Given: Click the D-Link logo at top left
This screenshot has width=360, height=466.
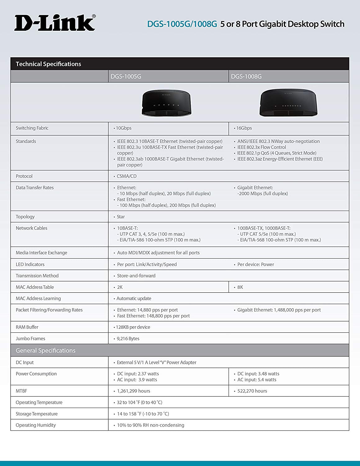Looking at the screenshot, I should click(x=55, y=23).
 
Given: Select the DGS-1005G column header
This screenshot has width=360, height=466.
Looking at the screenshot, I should click(x=126, y=76).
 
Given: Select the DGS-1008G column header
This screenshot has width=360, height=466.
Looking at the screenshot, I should click(x=246, y=76).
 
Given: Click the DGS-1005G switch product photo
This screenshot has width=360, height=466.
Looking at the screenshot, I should click(x=167, y=103).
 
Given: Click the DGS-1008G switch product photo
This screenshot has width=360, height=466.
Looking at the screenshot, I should click(x=289, y=103).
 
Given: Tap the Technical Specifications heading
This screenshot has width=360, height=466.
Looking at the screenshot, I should click(x=48, y=64).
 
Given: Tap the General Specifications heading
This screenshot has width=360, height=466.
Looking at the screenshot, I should click(x=46, y=350).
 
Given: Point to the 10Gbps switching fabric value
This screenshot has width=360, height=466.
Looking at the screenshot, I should click(x=124, y=128).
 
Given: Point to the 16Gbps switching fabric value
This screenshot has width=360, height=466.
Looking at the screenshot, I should click(x=244, y=128).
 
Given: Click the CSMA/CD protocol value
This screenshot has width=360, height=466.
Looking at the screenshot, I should click(x=126, y=176).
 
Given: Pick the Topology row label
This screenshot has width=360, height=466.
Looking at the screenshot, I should click(x=25, y=217).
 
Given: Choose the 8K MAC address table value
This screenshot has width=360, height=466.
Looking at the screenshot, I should click(x=240, y=287).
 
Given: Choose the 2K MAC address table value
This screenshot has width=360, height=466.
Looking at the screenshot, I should click(x=120, y=287).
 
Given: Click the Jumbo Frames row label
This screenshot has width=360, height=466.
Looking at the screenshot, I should click(x=30, y=339).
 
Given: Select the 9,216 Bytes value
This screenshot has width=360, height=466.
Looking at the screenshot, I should click(x=128, y=339).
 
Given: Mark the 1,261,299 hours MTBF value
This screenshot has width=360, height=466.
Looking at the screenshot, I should click(x=134, y=391).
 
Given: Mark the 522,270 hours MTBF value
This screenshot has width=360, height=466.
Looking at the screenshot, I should click(x=252, y=391).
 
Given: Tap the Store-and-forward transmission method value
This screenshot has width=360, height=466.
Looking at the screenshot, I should click(x=136, y=276).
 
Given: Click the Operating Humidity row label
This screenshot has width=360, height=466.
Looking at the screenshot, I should click(x=36, y=425).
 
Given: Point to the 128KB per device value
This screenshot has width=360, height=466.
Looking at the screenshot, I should click(x=133, y=327).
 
